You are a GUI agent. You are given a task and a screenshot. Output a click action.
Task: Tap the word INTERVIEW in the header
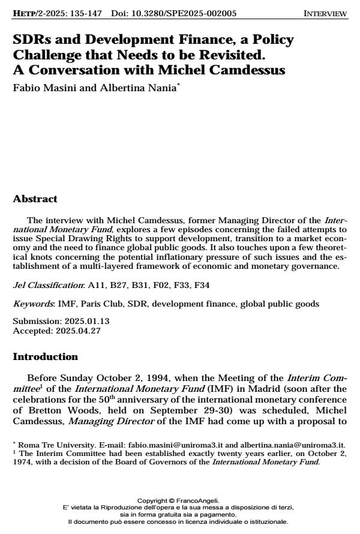tap(325, 13)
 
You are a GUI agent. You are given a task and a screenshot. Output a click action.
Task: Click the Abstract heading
tap(35, 199)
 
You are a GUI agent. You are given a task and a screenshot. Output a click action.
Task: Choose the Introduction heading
tap(46, 357)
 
